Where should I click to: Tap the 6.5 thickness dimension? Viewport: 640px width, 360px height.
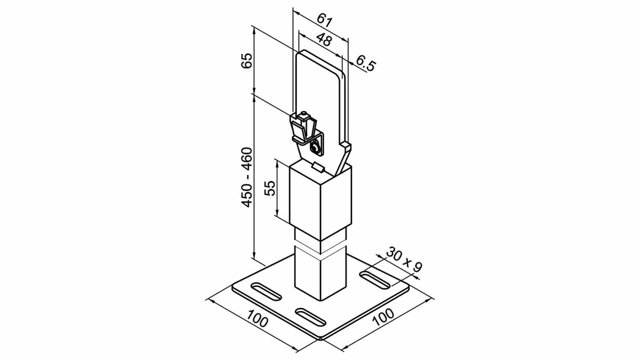[x=366, y=64]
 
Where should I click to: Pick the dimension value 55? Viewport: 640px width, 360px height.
[x=270, y=188]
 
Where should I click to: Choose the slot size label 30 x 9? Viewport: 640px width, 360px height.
[x=404, y=259]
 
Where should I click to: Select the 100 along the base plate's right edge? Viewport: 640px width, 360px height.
[x=383, y=316]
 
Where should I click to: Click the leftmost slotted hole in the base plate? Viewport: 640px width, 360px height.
[x=266, y=292]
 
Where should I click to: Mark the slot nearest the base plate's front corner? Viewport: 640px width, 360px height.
[x=311, y=316]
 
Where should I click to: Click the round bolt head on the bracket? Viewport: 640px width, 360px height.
[x=315, y=148]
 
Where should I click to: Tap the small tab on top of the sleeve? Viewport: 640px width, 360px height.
[x=318, y=167]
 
